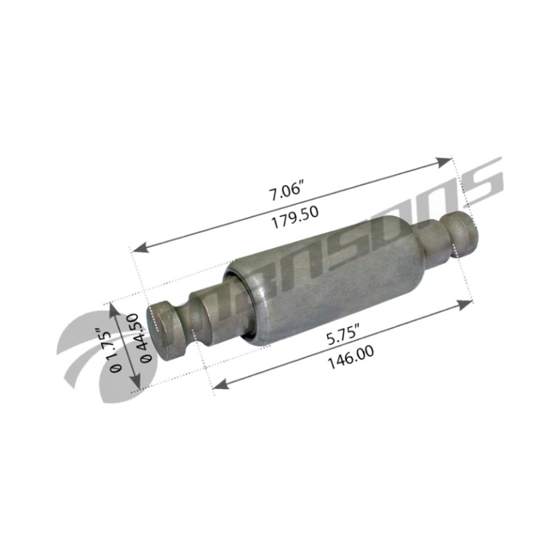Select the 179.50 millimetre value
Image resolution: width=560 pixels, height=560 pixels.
coord(295,217)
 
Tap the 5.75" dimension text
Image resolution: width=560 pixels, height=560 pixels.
coord(343,336)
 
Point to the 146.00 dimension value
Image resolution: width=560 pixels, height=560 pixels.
coord(351,357)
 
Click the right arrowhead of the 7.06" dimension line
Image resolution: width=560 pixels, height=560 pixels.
coord(444,162)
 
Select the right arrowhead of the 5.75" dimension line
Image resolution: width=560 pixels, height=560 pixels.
coord(465,304)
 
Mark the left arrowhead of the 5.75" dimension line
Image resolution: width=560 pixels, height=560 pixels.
coord(221,384)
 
